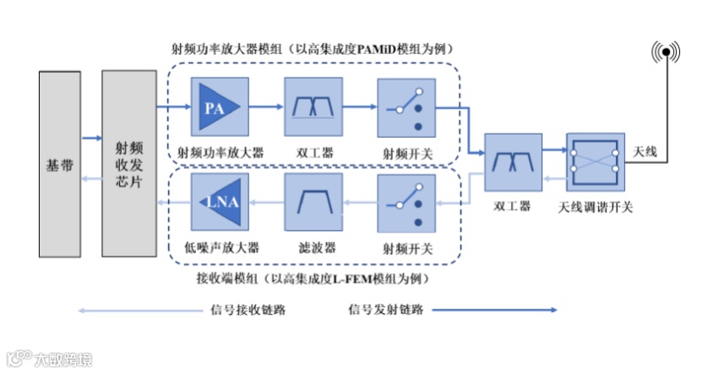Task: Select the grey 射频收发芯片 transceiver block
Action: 129,164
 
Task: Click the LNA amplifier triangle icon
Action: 217,203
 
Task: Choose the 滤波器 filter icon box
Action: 312,203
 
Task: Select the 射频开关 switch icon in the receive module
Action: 405,203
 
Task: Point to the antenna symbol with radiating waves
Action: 666,53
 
